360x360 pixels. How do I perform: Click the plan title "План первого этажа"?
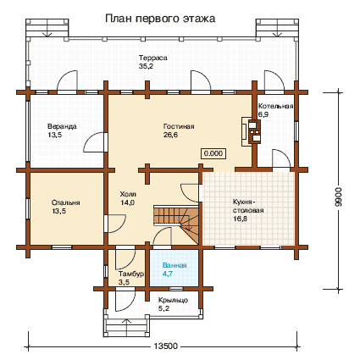(160, 19)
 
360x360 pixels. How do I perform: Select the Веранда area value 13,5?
(55, 135)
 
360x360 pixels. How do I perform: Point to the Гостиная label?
(179, 126)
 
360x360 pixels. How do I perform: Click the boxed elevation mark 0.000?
(213, 153)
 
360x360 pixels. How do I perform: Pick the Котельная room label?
(275, 106)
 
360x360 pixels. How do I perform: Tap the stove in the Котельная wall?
(251, 132)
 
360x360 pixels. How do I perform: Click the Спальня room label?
(66, 202)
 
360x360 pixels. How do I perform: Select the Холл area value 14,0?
(128, 202)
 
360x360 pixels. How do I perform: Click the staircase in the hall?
(176, 223)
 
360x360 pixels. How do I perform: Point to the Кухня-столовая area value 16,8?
(240, 219)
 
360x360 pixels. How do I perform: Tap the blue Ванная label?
(174, 265)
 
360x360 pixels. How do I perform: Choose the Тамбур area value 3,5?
(125, 282)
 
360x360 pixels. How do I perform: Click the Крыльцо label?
(173, 300)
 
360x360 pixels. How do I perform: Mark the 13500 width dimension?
(166, 346)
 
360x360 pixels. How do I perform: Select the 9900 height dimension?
(338, 197)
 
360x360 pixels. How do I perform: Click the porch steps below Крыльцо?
(126, 328)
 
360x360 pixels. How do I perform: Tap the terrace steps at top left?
(47, 28)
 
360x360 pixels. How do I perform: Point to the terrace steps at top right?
(277, 28)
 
